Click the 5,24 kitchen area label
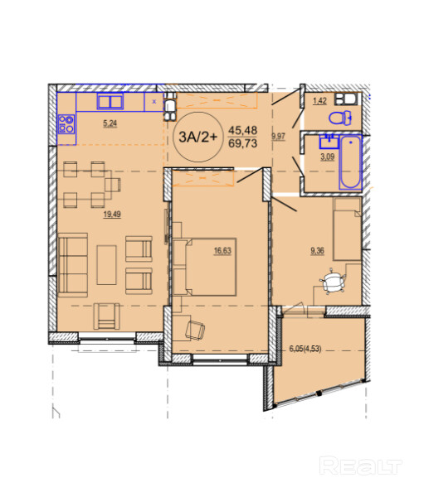click(110, 123)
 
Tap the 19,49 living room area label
click(112, 215)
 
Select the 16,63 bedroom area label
click(222, 251)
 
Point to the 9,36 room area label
click(317, 251)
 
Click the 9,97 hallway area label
click(278, 137)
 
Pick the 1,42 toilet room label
click(319, 101)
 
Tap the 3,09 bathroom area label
click(327, 157)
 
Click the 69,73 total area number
click(242, 143)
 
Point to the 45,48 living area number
click(242, 130)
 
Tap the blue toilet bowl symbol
click(340, 118)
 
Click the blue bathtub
click(350, 162)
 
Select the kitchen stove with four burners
click(66, 124)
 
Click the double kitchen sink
click(110, 101)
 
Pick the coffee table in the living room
click(107, 265)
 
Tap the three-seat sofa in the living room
click(73, 265)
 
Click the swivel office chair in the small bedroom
click(332, 282)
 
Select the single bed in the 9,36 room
click(347, 229)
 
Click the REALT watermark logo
click(360, 466)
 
